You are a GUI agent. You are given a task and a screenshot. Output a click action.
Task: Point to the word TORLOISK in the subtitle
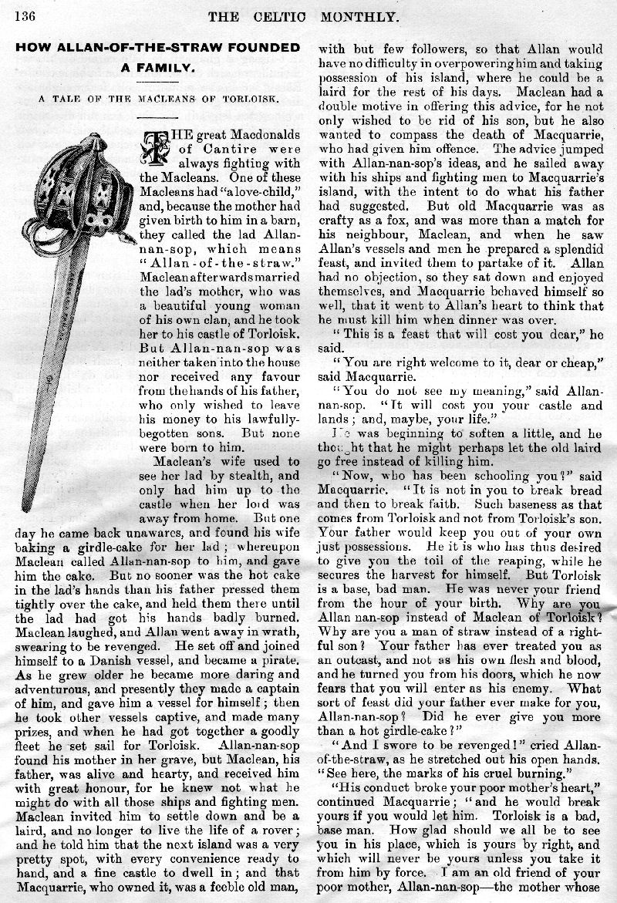coord(250,98)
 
